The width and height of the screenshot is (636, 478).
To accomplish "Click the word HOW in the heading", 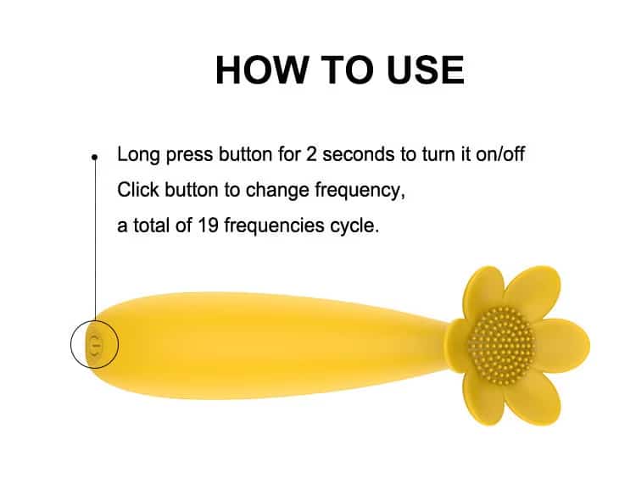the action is pos(262,69).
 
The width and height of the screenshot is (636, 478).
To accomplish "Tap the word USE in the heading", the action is pos(426,69).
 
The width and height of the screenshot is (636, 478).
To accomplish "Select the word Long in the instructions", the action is pos(138,155).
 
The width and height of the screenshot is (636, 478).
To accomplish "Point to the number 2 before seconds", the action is pos(311,154).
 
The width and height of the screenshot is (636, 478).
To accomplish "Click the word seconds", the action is pos(359,154).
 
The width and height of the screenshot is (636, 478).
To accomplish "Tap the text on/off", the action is pos(500,154).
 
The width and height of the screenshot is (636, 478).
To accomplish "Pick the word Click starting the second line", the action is pos(138,189).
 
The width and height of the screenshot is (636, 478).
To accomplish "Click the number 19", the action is pos(208,225).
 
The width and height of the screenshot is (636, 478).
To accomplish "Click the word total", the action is pos(151,225).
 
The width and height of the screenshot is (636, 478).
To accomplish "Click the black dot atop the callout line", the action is pos(95,157).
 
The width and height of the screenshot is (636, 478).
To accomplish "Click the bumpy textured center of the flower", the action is pos(501,345).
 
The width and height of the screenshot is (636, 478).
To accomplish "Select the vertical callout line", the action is pos(95,239).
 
